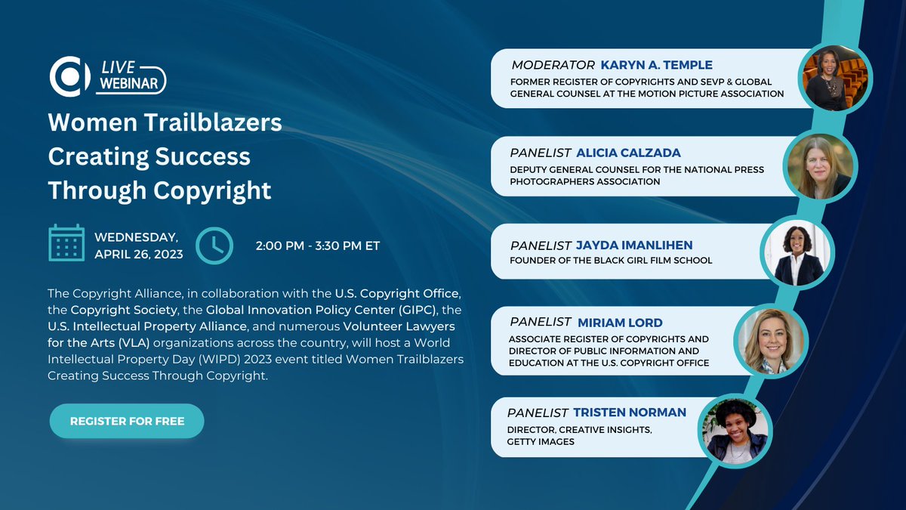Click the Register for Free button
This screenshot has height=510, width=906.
click(127, 421)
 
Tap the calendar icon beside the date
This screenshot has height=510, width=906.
click(66, 243)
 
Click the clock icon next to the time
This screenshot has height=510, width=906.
click(214, 245)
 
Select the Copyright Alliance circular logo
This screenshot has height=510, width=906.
click(69, 76)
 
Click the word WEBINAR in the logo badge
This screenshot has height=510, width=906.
click(131, 84)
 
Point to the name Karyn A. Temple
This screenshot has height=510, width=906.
click(656, 65)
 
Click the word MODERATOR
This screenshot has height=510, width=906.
click(553, 65)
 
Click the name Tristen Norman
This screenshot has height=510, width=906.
click(630, 413)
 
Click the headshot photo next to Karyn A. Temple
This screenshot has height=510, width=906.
click(836, 79)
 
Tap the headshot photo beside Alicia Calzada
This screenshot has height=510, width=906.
click(819, 168)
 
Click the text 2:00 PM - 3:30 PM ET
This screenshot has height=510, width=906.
click(319, 246)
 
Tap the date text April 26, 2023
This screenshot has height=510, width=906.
click(139, 254)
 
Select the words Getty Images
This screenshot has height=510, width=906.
click(541, 441)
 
